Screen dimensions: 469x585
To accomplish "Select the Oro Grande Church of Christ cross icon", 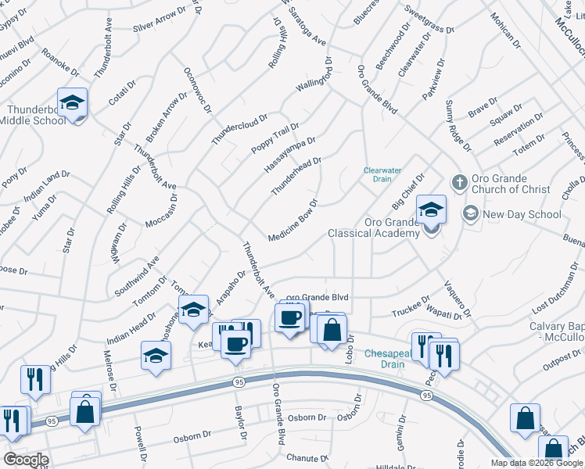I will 460,181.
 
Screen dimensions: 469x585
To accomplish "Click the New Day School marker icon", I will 471,213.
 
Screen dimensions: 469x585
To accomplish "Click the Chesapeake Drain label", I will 384,359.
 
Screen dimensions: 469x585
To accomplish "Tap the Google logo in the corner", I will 26,459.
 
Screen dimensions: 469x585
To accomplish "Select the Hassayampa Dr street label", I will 289,156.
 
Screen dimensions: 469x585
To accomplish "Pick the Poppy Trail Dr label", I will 275,138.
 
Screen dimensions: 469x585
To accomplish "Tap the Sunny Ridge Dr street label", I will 458,125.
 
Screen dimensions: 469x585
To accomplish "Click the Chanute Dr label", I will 306,457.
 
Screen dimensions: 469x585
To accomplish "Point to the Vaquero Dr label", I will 458,299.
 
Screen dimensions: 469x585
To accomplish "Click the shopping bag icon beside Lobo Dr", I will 332,328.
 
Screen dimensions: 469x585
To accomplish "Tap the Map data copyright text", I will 537,463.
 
